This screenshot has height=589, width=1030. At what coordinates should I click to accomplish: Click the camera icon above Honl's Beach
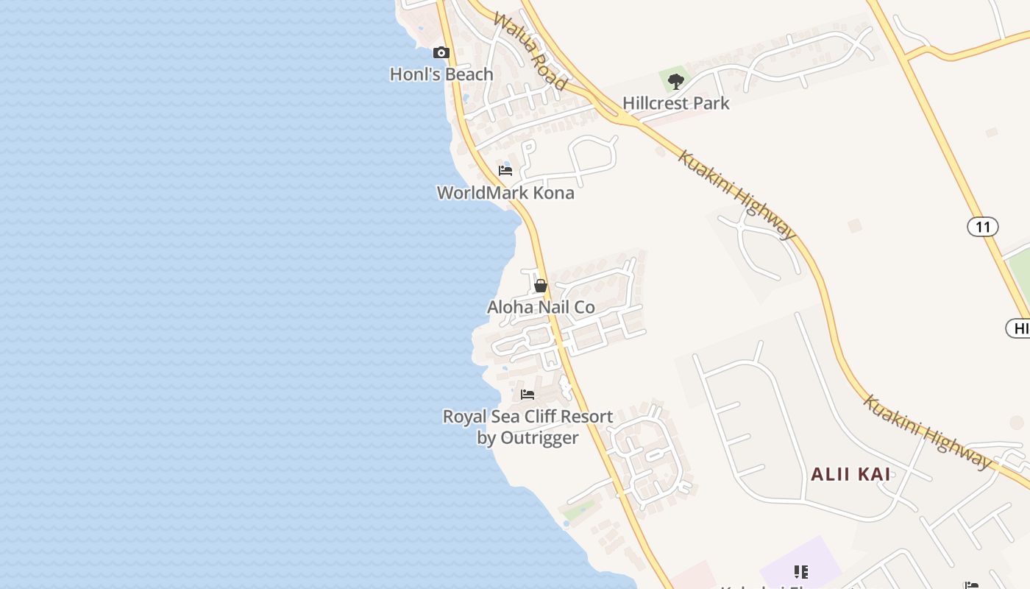(x=441, y=52)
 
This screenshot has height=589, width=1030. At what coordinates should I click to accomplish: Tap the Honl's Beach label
(x=441, y=74)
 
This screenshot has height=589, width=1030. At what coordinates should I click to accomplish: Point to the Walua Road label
(x=530, y=51)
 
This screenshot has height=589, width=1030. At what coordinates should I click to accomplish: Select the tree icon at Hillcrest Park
(x=676, y=81)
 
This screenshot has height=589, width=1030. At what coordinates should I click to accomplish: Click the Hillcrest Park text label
(x=676, y=103)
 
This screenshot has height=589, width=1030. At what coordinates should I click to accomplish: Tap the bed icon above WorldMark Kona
(x=505, y=171)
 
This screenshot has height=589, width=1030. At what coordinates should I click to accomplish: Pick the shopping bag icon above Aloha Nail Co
(x=541, y=286)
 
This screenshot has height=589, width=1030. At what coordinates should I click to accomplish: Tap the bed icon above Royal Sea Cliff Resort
(x=528, y=395)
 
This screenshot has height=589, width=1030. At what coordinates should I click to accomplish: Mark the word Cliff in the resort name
(x=539, y=417)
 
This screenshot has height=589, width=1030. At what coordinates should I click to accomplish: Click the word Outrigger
(x=539, y=438)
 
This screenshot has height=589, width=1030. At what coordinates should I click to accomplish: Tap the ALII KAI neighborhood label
(x=851, y=475)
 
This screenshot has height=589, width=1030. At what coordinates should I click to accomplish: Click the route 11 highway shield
(x=983, y=227)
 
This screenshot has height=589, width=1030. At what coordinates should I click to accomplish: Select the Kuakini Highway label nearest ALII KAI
(x=928, y=431)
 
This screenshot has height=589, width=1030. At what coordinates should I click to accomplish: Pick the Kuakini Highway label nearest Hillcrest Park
(x=736, y=195)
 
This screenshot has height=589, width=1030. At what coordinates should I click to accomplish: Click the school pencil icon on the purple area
(x=801, y=572)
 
